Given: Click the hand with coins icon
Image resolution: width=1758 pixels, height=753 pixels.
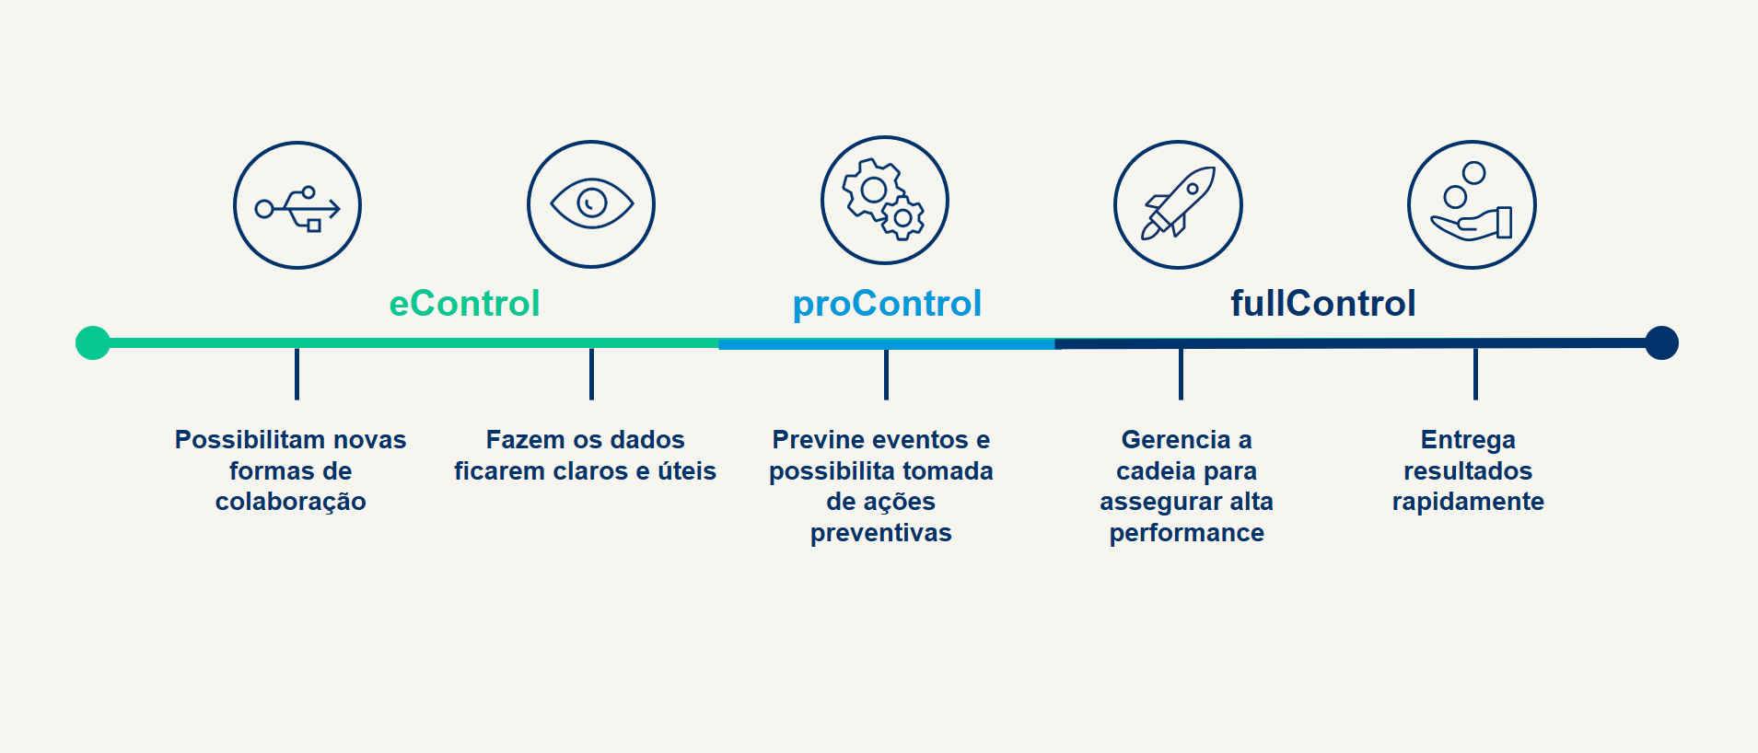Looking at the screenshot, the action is click(1472, 204).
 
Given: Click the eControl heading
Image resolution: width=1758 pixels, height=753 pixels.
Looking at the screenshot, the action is click(464, 303).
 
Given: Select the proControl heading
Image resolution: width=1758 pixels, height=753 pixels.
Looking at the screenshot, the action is click(887, 304).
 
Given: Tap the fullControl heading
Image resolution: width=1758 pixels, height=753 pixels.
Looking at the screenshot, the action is click(1323, 303).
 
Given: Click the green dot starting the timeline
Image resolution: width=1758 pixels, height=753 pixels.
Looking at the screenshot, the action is click(93, 342).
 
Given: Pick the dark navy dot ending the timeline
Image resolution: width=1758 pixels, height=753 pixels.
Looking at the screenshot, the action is click(1661, 342).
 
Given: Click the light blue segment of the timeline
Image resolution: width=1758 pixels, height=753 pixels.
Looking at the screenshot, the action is click(887, 343).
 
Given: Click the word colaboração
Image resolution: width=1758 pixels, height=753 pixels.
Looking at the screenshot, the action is click(291, 502).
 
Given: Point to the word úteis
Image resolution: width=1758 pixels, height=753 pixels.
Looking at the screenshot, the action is click(687, 470).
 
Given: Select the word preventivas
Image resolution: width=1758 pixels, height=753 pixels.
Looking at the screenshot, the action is click(881, 533).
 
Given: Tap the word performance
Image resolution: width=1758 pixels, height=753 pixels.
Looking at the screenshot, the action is click(1187, 533).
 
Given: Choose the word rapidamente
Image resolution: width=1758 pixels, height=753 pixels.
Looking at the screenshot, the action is click(1468, 502).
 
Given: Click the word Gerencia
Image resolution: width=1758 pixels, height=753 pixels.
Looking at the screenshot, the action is click(1176, 439).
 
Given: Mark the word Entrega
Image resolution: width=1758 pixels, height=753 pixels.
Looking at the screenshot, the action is click(1468, 440).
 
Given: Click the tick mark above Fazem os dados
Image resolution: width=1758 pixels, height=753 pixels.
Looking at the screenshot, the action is click(591, 374).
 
